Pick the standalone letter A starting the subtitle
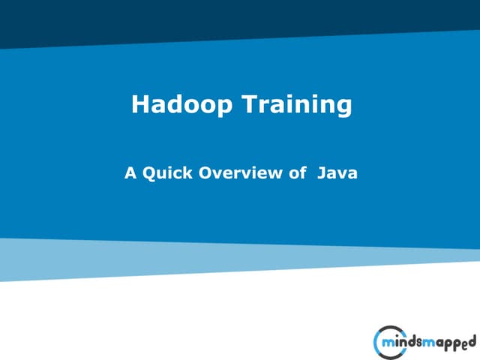[130, 173]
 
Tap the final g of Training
[343, 107]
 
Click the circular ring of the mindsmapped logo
[377, 343]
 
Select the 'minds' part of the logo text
[405, 343]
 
